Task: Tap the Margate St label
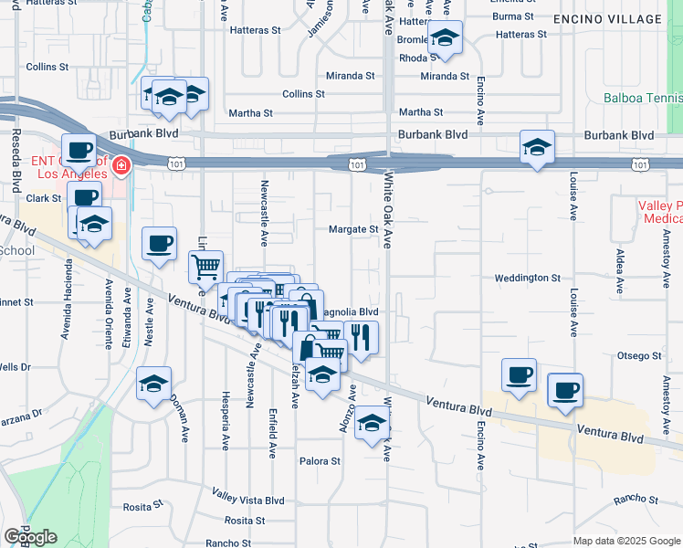point(353,229)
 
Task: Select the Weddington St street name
point(527,278)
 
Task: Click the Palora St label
point(320,461)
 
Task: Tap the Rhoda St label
point(419,58)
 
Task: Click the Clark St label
point(43,198)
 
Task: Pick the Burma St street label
point(513,16)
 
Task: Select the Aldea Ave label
point(620,270)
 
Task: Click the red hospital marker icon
point(121,166)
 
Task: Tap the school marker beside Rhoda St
point(445,38)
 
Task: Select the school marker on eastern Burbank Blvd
point(538,146)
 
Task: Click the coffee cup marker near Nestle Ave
point(160,243)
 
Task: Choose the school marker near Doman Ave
point(153,385)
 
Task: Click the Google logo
point(30,537)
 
